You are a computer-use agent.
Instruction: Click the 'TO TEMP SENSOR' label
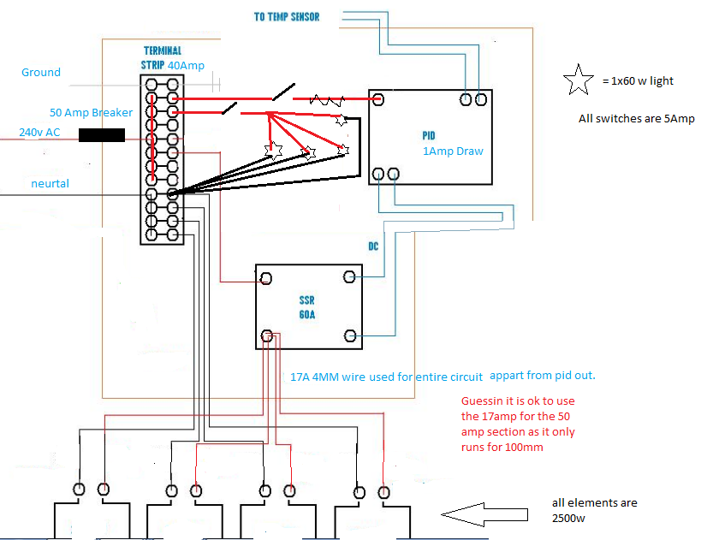pyautogui.click(x=287, y=17)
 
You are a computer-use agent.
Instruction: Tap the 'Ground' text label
pyautogui.click(x=41, y=73)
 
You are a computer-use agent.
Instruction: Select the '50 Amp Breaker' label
pyautogui.click(x=92, y=112)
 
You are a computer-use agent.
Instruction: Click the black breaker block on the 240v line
pyautogui.click(x=102, y=135)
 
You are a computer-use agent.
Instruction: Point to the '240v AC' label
pyautogui.click(x=39, y=133)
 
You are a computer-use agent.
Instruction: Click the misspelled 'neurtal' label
pyautogui.click(x=50, y=183)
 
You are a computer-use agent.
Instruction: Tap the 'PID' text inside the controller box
pyautogui.click(x=428, y=135)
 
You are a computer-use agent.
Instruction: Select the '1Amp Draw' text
pyautogui.click(x=453, y=151)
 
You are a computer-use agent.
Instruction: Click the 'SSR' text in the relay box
pyautogui.click(x=306, y=300)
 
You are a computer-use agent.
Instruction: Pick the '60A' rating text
pyautogui.click(x=306, y=315)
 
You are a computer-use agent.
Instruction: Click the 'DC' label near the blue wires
pyautogui.click(x=373, y=246)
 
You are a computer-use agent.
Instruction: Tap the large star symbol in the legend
pyautogui.click(x=578, y=80)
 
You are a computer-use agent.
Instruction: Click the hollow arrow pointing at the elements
pyautogui.click(x=484, y=514)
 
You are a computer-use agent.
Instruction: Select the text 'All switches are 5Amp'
pyautogui.click(x=636, y=118)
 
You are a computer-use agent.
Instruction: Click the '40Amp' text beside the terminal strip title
pyautogui.click(x=186, y=65)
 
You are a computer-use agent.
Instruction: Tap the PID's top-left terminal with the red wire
pyautogui.click(x=378, y=99)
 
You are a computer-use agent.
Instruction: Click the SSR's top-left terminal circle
pyautogui.click(x=266, y=278)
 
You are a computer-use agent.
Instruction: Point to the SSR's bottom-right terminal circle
pyautogui.click(x=350, y=335)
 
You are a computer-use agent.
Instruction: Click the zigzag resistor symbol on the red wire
pyautogui.click(x=327, y=100)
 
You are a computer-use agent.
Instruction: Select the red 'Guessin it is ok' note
pyautogui.click(x=518, y=424)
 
